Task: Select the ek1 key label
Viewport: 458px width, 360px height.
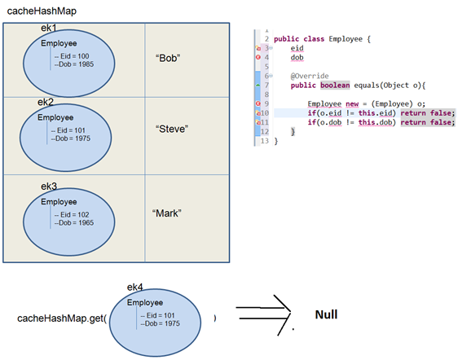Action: point(50,29)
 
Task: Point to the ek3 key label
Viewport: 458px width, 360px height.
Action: point(50,187)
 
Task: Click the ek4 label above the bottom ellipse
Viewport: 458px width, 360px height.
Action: point(135,288)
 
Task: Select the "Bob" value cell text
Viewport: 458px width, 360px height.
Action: point(167,59)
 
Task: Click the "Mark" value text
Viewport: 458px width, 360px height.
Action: point(166,213)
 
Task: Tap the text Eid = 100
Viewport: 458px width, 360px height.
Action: point(71,56)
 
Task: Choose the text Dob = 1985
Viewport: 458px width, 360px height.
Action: point(73,65)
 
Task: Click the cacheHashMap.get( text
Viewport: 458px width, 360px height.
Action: point(62,318)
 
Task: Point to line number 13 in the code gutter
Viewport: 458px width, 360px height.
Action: point(265,141)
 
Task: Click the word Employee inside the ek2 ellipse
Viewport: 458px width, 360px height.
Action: point(55,117)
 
